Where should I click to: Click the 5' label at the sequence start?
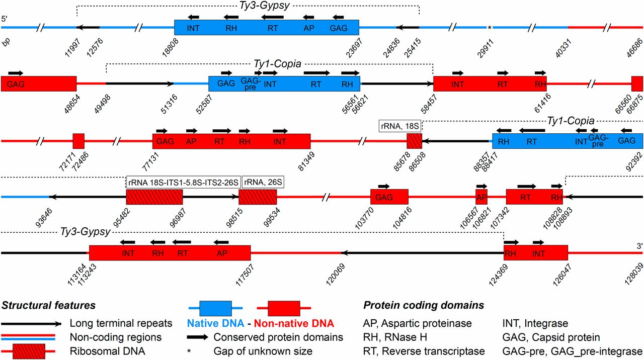click(x=5, y=19)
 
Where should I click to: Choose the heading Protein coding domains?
click(x=424, y=305)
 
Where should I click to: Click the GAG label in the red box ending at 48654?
click(x=16, y=84)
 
